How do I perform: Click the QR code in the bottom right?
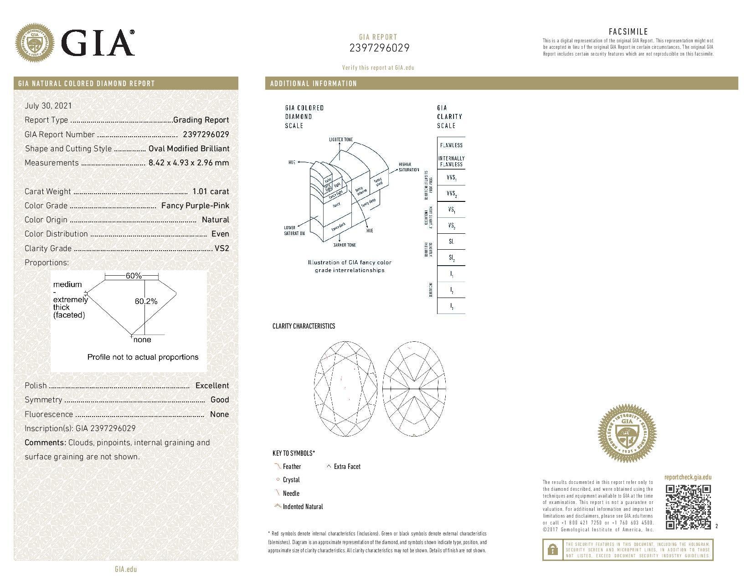[688, 507]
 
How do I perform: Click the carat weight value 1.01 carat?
[211, 191]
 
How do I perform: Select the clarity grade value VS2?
[221, 248]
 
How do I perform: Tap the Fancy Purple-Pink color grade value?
[195, 206]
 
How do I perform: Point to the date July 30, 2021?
[48, 106]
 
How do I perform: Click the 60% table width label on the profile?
[133, 276]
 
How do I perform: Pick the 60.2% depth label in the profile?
[146, 301]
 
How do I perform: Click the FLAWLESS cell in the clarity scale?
[451, 145]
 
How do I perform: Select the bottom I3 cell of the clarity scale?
[451, 306]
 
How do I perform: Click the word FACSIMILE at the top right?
[628, 31]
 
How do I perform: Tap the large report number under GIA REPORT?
[379, 48]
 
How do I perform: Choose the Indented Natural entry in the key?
[303, 507]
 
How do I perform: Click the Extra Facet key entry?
[347, 467]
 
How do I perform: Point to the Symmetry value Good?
[220, 400]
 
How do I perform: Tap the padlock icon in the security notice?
[552, 550]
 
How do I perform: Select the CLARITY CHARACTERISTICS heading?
[304, 326]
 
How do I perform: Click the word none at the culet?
[142, 340]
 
